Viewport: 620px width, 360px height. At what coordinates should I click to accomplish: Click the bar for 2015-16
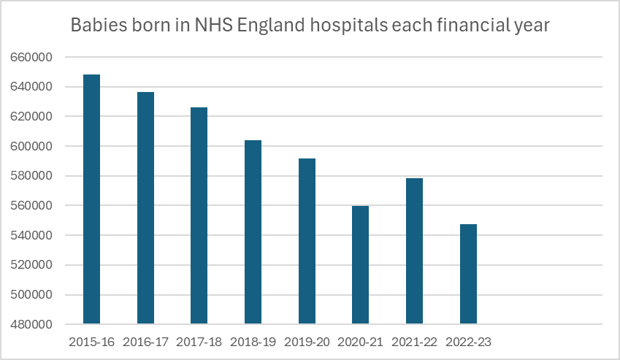[x=91, y=199]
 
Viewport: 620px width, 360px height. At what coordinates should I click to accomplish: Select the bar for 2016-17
[x=145, y=208]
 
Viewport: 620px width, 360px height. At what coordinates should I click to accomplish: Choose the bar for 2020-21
[x=360, y=265]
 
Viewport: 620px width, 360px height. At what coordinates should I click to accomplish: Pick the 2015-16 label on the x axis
[x=91, y=342]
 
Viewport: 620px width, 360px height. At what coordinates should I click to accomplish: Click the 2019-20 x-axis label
[x=307, y=342]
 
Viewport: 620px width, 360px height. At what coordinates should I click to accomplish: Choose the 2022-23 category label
[x=468, y=342]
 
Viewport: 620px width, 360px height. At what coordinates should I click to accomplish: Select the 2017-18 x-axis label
[x=199, y=342]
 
